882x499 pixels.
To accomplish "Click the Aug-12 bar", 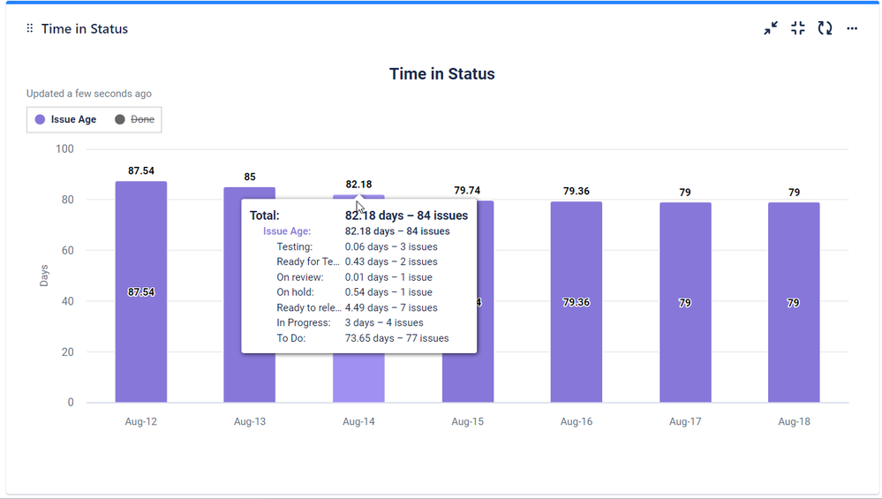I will click(141, 291).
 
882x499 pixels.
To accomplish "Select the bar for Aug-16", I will click(577, 302).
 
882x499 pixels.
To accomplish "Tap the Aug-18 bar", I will click(794, 302).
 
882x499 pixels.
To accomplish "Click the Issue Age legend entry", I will click(66, 119).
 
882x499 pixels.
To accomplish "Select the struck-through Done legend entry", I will click(134, 119).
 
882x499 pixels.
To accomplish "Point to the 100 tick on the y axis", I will click(64, 149).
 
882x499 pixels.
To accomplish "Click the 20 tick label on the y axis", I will click(67, 352).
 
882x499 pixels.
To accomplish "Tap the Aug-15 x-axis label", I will click(467, 422).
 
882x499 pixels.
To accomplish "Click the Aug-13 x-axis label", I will click(250, 422).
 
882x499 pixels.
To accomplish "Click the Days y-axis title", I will click(44, 276).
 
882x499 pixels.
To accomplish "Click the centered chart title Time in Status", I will click(441, 74).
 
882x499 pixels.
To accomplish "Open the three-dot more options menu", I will click(852, 29).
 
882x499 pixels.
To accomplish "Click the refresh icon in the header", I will click(825, 29).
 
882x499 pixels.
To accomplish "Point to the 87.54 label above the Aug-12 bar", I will click(141, 171).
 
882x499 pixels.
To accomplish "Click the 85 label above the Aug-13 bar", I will click(250, 178).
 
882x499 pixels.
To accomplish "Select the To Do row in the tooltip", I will click(362, 338).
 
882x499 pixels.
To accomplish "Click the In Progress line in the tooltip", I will click(362, 323).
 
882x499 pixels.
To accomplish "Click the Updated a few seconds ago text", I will click(89, 94).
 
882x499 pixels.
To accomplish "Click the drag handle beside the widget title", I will click(30, 29).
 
